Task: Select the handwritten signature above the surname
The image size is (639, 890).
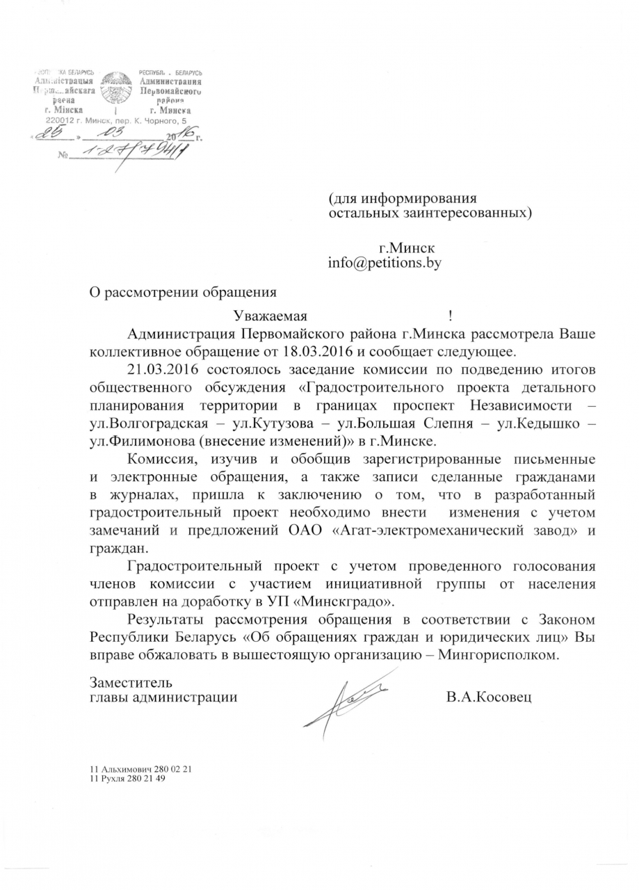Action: pos(348,695)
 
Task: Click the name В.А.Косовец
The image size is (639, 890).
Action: pos(489,696)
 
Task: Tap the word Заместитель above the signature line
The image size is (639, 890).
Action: pos(131,681)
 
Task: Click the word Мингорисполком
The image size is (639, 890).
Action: pos(499,655)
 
